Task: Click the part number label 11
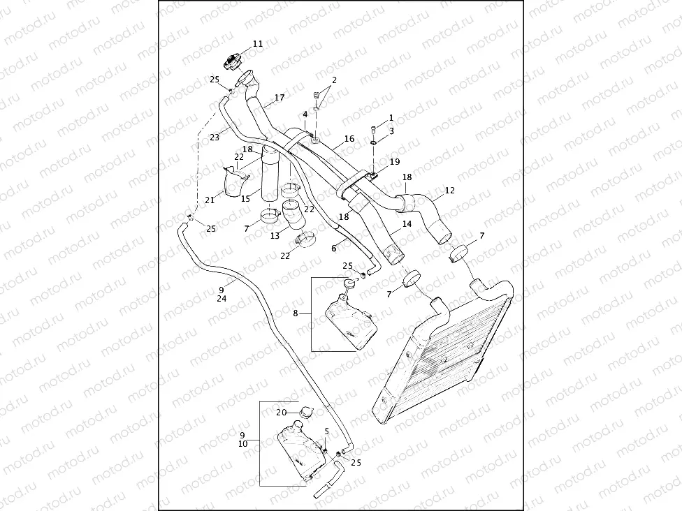[258, 43]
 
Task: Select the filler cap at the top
[234, 61]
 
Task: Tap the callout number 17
[279, 98]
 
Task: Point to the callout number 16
[349, 139]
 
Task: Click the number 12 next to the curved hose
[449, 190]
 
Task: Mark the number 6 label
[334, 248]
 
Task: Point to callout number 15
[245, 199]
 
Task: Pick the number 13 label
[275, 236]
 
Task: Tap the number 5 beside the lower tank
[326, 431]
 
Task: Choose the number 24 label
[222, 298]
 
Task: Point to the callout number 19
[395, 161]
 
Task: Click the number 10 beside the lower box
[242, 443]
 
